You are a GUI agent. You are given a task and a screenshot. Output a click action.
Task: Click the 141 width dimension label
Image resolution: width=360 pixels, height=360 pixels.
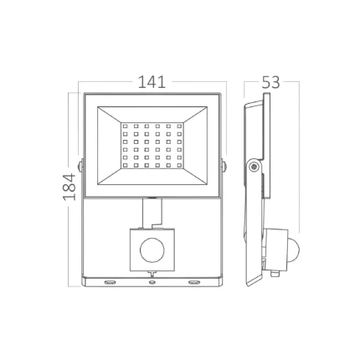152,82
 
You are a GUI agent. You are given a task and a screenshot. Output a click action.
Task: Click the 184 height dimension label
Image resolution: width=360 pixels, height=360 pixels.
69,187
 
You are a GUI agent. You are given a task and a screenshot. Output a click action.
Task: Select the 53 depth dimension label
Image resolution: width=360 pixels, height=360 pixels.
270,82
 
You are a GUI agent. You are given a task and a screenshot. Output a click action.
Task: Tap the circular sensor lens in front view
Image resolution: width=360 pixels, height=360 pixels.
152,250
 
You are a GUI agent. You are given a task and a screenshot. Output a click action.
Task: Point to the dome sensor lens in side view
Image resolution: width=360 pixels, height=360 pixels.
294,246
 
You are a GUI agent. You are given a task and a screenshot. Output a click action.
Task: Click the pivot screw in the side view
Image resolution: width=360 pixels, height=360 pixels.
254,166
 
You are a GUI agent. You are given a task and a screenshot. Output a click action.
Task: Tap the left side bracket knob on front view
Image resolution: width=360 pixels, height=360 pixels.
80,166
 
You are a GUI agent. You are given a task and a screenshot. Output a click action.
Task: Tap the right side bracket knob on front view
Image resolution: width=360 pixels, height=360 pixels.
224,166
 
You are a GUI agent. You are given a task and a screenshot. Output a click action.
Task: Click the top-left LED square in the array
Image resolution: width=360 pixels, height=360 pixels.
125,126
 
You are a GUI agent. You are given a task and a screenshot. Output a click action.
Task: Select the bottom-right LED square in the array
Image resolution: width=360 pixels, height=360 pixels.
179,166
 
